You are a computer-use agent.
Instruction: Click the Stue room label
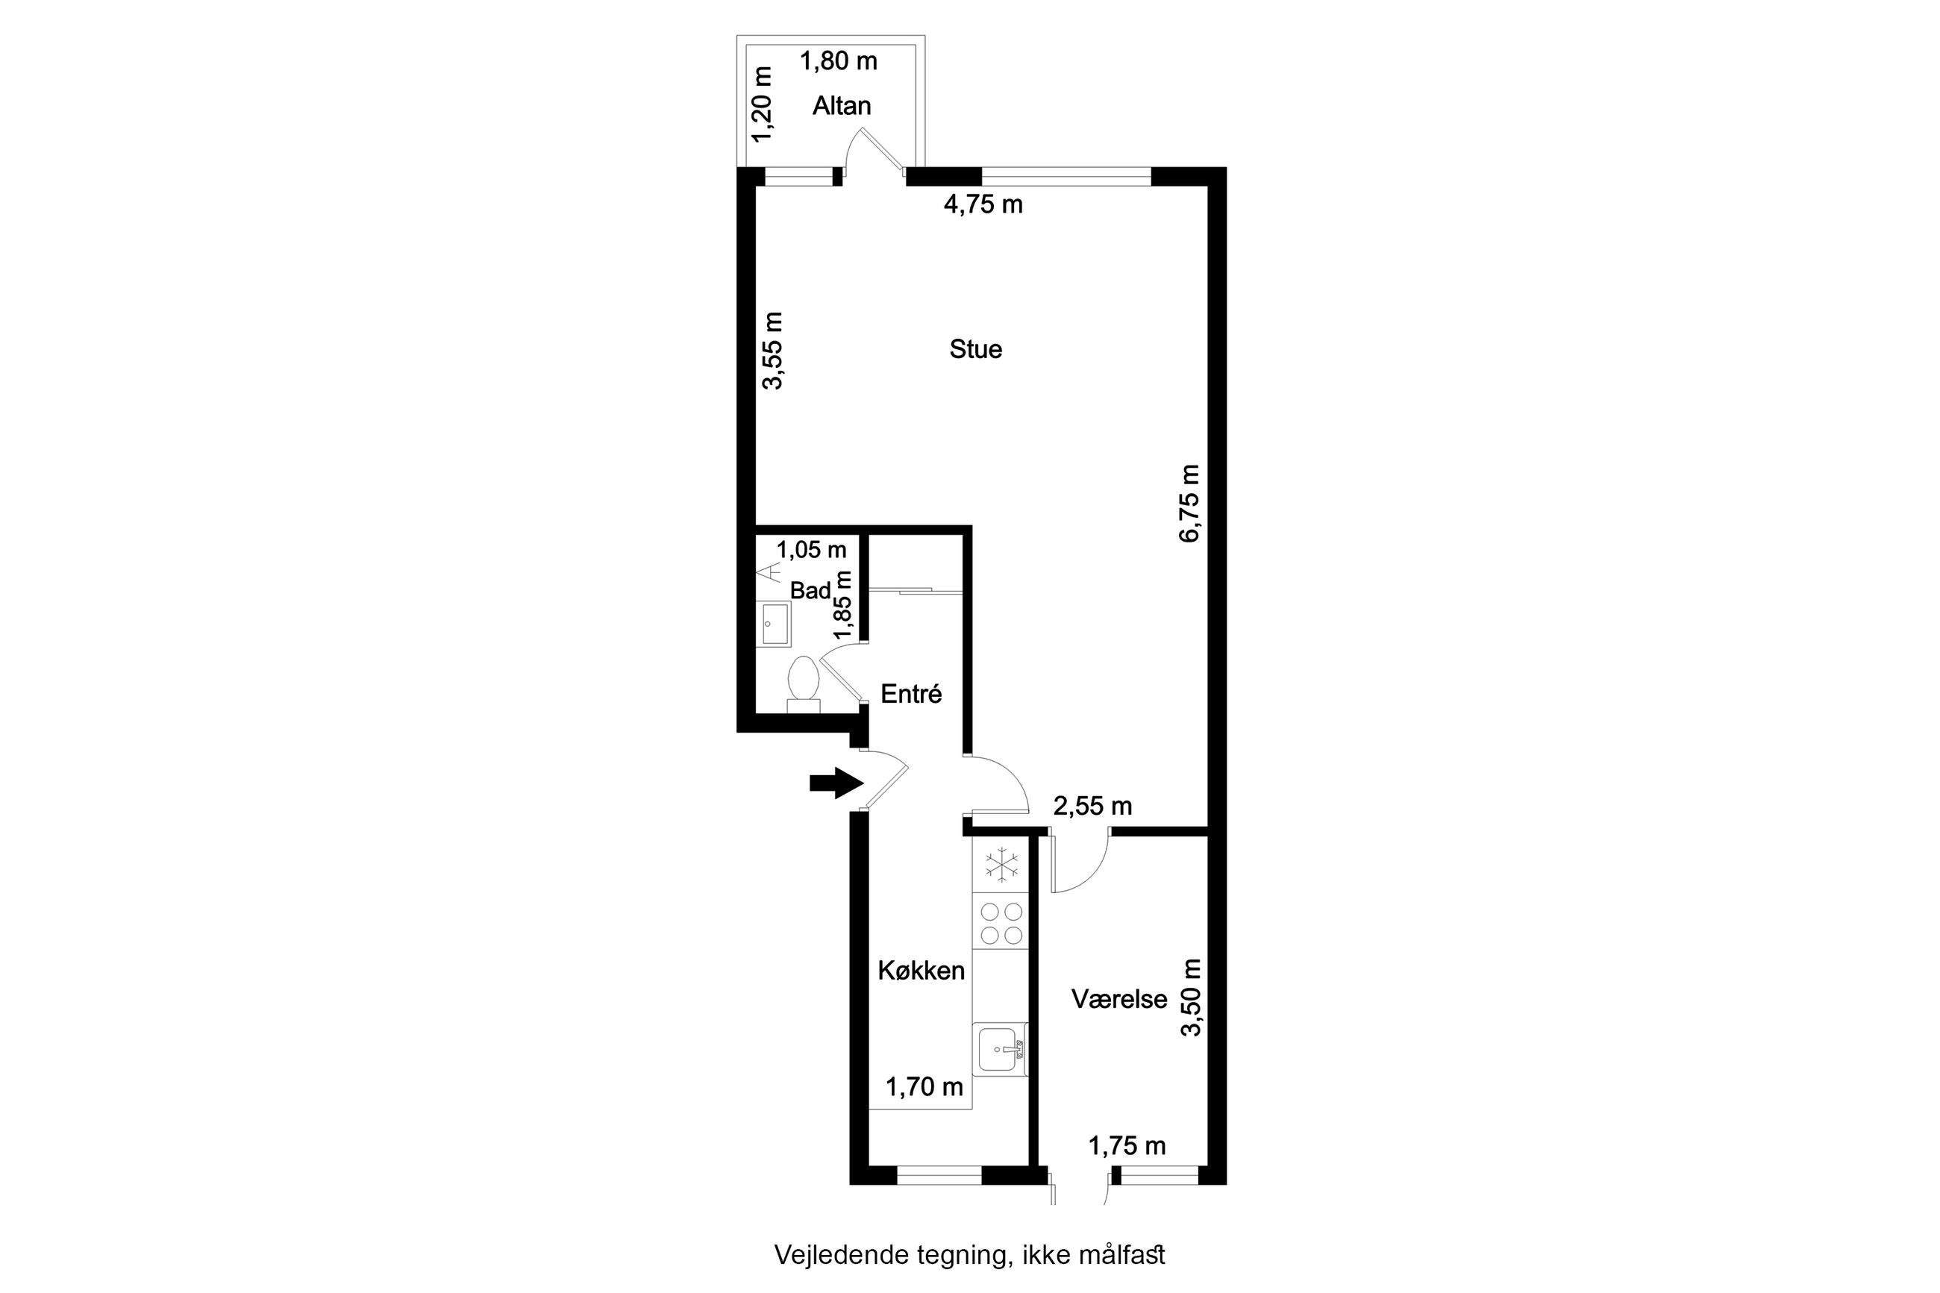(975, 349)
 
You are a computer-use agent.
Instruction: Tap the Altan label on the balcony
(842, 105)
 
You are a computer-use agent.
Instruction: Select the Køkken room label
(921, 971)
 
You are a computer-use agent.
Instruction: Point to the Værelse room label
(1118, 1000)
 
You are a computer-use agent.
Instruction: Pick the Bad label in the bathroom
(810, 590)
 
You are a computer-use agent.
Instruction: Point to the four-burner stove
(1000, 923)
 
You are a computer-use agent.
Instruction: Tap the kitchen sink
(1000, 1050)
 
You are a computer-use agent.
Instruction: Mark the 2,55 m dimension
(1092, 806)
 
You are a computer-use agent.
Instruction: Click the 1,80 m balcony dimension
(839, 61)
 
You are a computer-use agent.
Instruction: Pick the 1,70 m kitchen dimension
(924, 1087)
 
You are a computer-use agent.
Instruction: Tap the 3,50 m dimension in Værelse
(1192, 997)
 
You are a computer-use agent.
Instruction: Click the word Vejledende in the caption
(842, 1255)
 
